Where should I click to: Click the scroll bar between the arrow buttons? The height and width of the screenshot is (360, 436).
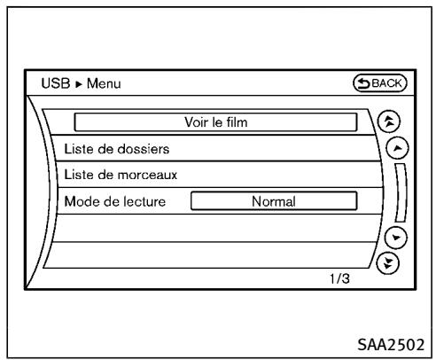pyautogui.click(x=406, y=193)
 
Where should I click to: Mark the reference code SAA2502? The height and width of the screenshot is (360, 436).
pyautogui.click(x=394, y=342)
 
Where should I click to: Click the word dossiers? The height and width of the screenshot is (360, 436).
pyautogui.click(x=142, y=147)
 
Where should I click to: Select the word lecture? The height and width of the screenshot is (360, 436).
pyautogui.click(x=139, y=201)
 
